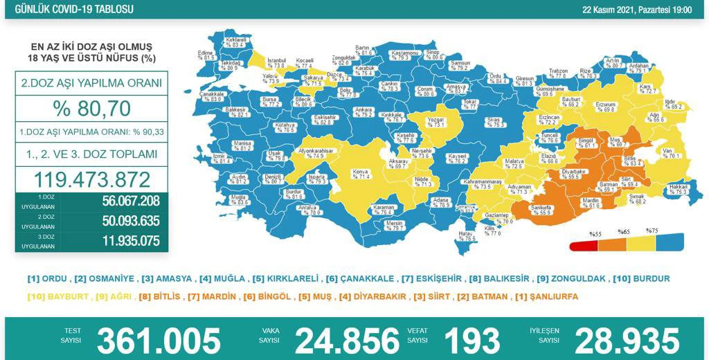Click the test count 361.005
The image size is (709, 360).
(x=159, y=340)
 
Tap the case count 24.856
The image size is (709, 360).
(x=347, y=340)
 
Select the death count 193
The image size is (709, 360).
(x=472, y=340)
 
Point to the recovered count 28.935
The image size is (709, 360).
(x=627, y=340)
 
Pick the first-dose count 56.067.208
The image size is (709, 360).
(x=121, y=201)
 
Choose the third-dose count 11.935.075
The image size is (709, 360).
(x=121, y=241)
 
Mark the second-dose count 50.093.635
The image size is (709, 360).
(x=121, y=222)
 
